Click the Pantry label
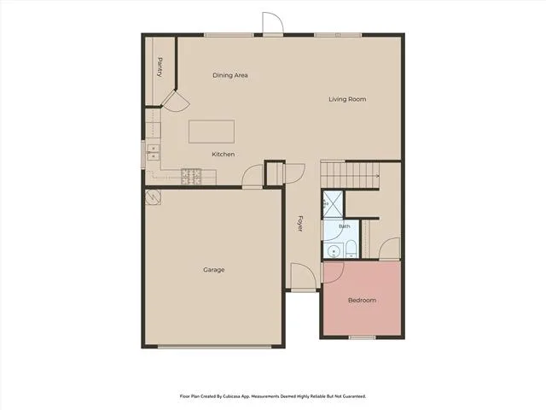160,67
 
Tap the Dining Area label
230,75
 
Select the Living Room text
347,99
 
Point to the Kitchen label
224,154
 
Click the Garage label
214,270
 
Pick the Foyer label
299,224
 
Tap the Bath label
345,226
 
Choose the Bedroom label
362,300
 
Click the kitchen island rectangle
212,132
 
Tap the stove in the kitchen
191,177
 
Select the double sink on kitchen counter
153,153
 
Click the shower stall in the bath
333,204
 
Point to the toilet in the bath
351,249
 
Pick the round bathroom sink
334,250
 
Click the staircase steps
350,174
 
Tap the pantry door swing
176,102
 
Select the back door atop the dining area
273,23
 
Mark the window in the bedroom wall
362,337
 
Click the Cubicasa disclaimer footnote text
273,396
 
